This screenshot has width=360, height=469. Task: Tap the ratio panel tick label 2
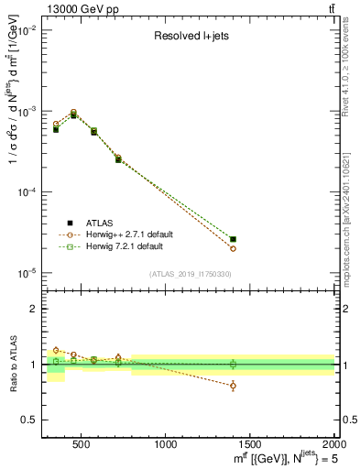[x=33, y=309]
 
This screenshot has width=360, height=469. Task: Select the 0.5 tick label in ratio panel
[x=29, y=420]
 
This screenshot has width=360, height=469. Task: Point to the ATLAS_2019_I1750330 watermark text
[x=191, y=274]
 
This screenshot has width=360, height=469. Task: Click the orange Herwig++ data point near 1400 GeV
[x=233, y=248]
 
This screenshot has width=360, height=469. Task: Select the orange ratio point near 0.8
[x=233, y=386]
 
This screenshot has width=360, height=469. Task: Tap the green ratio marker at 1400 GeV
[x=233, y=364]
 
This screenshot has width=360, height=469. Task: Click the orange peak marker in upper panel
[x=73, y=112]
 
